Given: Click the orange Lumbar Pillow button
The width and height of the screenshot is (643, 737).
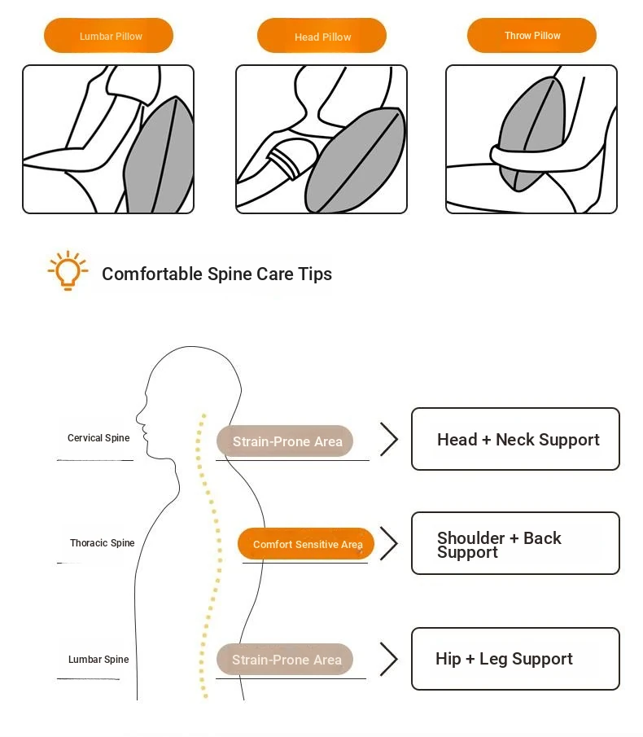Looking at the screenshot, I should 108,36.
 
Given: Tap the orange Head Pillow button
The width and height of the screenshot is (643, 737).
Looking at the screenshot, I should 321,37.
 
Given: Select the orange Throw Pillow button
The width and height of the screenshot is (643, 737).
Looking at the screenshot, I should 531,36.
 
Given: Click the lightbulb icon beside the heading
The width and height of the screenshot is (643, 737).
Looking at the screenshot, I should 68,270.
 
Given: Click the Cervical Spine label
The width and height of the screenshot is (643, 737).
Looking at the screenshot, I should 98,438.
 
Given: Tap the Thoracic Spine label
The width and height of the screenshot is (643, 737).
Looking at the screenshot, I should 102,543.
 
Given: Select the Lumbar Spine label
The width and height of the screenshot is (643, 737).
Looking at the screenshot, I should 98,660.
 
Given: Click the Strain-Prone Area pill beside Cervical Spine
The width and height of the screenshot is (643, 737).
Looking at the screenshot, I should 285,441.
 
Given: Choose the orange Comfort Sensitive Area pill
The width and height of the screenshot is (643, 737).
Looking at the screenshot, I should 306,544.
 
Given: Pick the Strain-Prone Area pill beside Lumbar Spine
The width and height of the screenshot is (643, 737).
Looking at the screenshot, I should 285,660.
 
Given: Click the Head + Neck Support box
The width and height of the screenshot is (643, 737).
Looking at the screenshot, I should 515,439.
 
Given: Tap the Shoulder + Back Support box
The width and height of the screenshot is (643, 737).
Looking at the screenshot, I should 515,543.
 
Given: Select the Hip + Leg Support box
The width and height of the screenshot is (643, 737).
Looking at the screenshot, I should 515,659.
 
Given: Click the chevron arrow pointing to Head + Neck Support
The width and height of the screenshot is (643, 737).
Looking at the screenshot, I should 389,439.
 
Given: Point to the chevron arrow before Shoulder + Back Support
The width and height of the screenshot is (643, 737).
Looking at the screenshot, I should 389,543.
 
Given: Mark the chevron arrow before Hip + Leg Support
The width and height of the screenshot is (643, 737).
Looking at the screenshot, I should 389,659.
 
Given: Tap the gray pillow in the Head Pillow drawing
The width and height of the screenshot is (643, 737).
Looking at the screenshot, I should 356,159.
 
